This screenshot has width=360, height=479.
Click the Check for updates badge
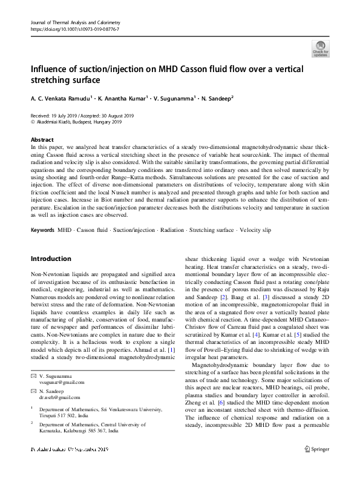point(320,48)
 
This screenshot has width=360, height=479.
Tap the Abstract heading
point(42,139)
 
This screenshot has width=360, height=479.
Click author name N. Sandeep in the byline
point(213,97)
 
